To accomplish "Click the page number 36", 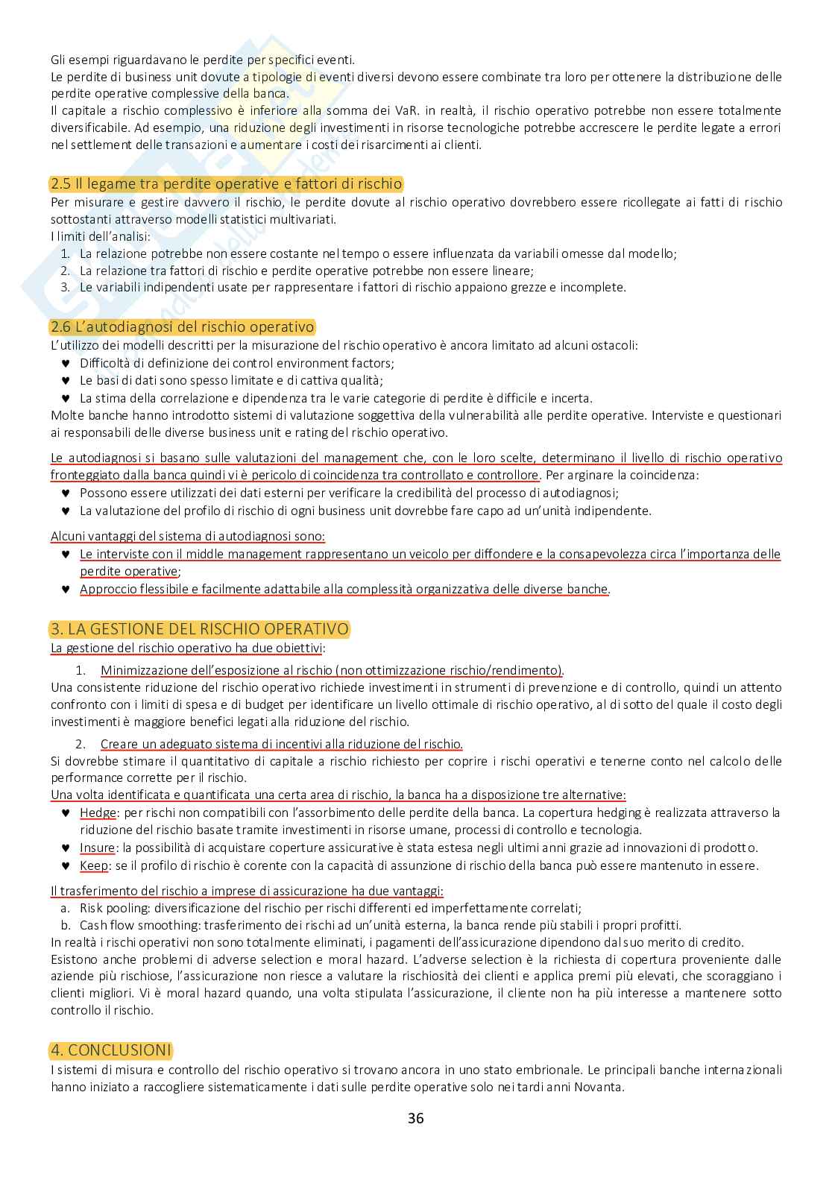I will click(416, 1118).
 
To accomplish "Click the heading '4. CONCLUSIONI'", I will click(110, 1050).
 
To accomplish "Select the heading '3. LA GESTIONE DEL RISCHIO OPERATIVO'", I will click(200, 629).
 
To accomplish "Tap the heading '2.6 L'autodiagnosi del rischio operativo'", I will click(182, 326).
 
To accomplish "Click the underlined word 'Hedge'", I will click(98, 812).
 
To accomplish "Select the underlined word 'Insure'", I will click(98, 848).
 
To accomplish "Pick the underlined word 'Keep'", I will click(94, 865).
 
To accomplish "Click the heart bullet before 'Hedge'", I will click(65, 812).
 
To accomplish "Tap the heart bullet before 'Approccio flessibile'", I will click(65, 590).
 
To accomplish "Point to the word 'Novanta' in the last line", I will click(600, 1087).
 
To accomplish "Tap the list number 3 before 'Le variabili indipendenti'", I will click(65, 287).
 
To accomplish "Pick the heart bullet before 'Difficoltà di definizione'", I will click(65, 363).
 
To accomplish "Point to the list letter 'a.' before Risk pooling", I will click(65, 908).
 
